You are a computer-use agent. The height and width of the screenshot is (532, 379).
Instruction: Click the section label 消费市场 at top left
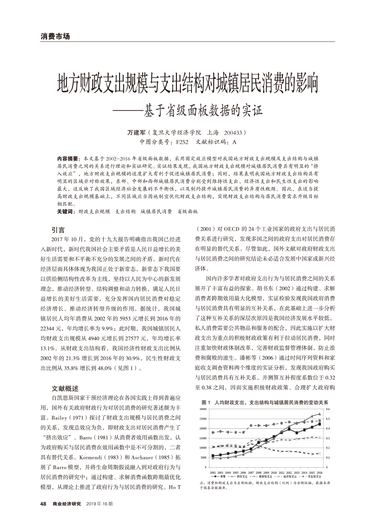[55, 36]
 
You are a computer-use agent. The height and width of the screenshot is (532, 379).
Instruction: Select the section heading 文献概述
[65, 388]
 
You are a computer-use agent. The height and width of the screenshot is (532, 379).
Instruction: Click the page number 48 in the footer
[44, 504]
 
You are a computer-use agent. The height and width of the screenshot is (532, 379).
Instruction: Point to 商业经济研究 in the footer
[66, 504]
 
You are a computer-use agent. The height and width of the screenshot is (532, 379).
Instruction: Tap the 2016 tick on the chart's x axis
[319, 472]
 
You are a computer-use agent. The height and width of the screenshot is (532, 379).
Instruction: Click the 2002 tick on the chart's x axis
[213, 472]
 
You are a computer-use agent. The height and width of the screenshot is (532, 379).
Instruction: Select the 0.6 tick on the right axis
[327, 409]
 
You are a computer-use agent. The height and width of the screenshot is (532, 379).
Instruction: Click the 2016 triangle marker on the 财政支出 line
[319, 415]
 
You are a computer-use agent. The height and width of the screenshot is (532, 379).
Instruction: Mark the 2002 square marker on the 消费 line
[213, 455]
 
